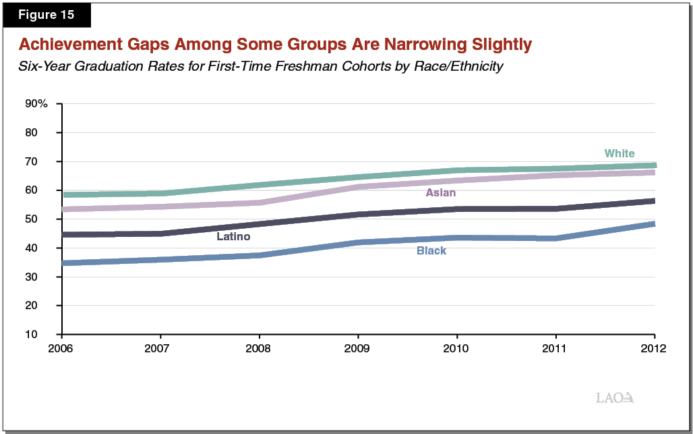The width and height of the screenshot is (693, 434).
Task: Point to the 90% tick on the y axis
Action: (36, 104)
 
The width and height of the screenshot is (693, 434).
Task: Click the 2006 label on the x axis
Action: (61, 348)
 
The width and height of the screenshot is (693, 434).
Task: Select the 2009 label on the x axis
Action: (358, 348)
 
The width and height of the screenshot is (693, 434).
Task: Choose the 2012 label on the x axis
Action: (654, 348)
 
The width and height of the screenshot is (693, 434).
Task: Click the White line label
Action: (619, 153)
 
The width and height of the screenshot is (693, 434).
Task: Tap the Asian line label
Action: (440, 193)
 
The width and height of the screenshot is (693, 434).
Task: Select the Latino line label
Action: (233, 236)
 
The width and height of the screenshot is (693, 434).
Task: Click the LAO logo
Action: (615, 398)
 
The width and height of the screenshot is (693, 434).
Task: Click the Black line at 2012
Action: (653, 224)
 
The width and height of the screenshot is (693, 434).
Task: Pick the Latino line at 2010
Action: (457, 209)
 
